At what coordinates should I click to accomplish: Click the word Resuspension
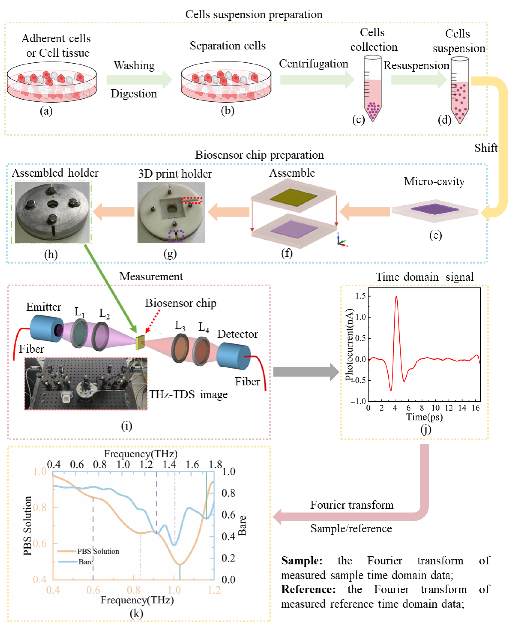(416, 65)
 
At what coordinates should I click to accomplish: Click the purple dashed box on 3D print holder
(176, 236)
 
